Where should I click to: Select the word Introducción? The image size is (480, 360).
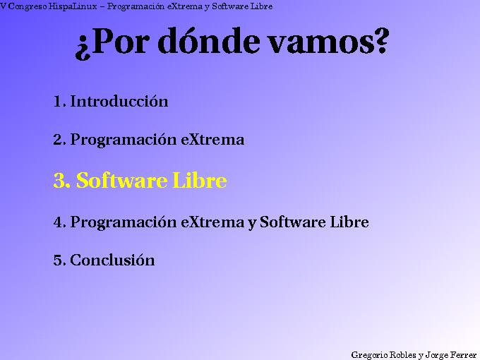tap(119, 101)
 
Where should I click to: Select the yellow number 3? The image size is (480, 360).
tap(61, 181)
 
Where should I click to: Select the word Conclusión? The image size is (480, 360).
tap(112, 260)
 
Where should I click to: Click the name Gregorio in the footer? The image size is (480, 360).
tap(368, 354)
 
